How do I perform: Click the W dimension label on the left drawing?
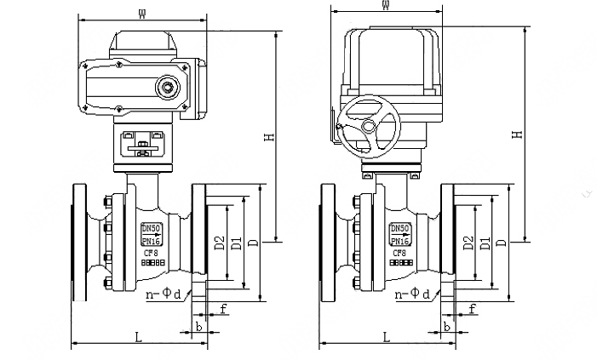[x=141, y=11]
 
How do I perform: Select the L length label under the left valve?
[x=139, y=337]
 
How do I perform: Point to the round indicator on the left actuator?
[x=167, y=86]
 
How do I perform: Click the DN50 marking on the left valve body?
[x=151, y=228]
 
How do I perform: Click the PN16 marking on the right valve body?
[x=399, y=239]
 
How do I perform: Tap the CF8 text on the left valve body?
[x=150, y=252]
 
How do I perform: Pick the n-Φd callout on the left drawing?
[x=167, y=294]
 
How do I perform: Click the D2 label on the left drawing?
[x=220, y=243]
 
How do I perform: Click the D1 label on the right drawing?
[x=484, y=243]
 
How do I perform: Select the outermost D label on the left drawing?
[x=252, y=243]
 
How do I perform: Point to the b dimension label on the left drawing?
[x=198, y=326]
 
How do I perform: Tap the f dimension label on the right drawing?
[x=471, y=306]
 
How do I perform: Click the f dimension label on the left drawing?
[x=223, y=306]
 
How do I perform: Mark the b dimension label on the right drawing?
[x=446, y=326]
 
